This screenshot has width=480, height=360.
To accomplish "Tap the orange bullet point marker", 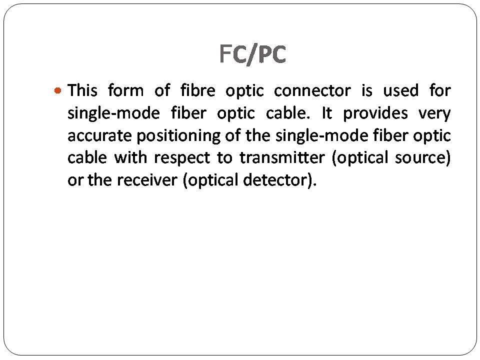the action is coord(57,91).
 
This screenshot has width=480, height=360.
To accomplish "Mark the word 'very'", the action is coord(434,113).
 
